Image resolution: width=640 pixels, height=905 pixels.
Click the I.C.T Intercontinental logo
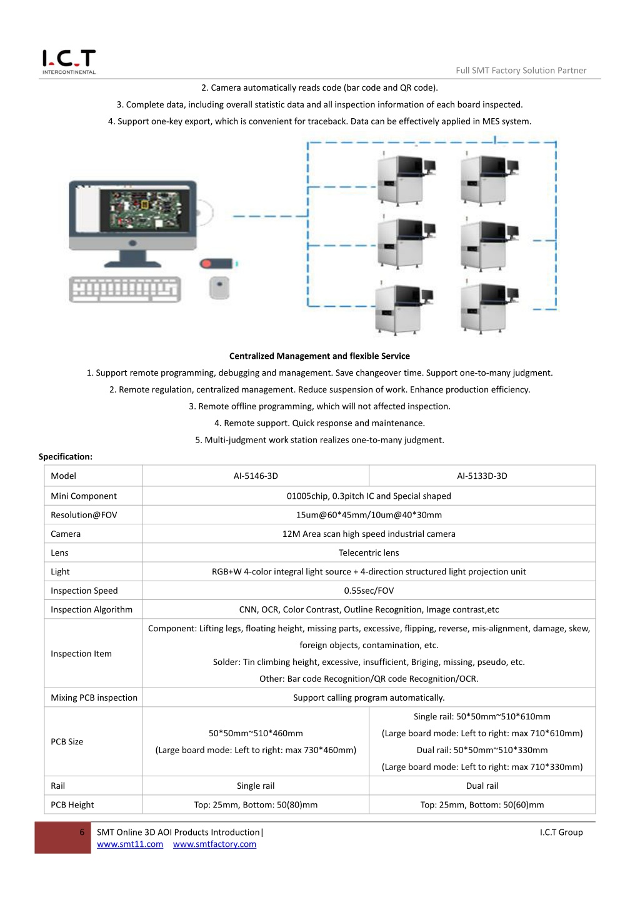[69, 62]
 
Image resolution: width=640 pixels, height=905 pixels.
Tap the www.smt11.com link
[130, 844]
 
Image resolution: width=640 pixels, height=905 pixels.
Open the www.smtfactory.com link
[214, 844]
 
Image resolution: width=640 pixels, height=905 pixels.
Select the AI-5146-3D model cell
[256, 476]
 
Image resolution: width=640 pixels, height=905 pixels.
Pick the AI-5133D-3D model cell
[482, 476]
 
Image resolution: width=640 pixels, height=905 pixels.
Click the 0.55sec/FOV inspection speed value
[369, 591]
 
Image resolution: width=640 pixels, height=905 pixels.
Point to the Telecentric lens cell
[369, 552]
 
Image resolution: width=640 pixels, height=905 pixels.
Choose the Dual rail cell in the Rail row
[482, 786]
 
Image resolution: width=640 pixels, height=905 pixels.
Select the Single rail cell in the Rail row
[256, 786]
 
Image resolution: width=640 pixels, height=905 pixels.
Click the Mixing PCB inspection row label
[94, 697]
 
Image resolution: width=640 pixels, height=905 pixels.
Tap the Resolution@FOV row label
[84, 515]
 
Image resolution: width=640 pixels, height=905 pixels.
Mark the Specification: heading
[66, 457]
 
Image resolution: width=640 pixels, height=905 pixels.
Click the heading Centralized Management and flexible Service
[319, 356]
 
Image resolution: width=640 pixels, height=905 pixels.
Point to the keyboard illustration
[125, 289]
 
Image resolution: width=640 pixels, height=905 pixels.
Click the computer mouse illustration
[219, 287]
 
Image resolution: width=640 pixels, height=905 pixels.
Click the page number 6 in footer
[82, 832]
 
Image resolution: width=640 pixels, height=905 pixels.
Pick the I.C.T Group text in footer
[561, 832]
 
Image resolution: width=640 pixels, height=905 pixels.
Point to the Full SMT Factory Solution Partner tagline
[521, 70]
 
